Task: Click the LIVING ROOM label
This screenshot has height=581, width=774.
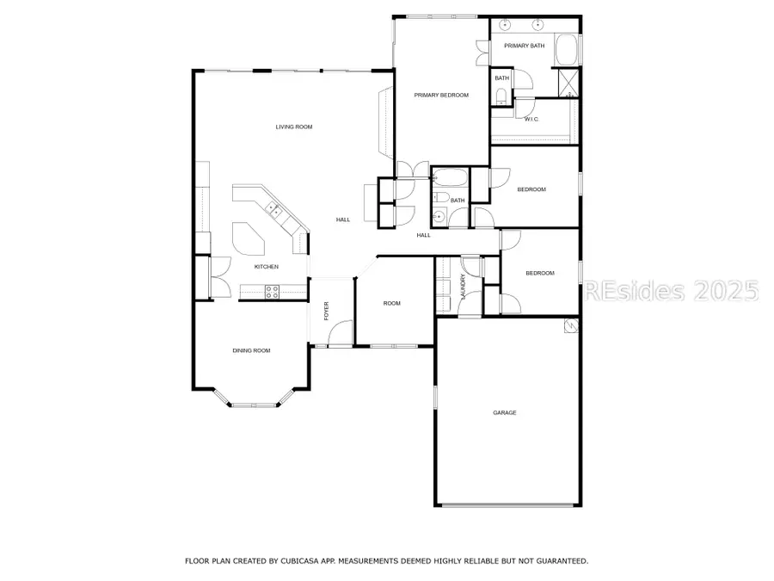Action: tap(294, 127)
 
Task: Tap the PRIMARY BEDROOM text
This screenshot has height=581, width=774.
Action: tap(441, 95)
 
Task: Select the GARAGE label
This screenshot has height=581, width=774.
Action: tap(505, 413)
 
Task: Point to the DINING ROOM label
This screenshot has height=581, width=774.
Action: tap(251, 350)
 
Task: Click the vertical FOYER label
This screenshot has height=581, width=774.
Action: tap(327, 311)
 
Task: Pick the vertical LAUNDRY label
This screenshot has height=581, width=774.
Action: tap(463, 287)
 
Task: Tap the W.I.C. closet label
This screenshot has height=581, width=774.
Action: tap(531, 119)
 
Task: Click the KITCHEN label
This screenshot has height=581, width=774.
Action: tap(266, 267)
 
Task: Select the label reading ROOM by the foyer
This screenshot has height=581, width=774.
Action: tap(392, 303)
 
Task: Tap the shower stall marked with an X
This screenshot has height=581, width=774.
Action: tap(568, 82)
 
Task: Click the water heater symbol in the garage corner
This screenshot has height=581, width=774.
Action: tap(568, 325)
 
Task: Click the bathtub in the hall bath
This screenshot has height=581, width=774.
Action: tap(450, 180)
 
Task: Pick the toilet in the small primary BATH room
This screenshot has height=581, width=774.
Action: tap(501, 94)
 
